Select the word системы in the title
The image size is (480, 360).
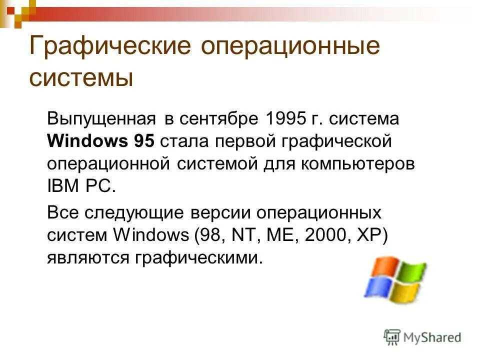tap(81, 78)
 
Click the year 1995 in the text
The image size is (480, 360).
tap(286, 119)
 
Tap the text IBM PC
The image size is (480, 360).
tap(81, 186)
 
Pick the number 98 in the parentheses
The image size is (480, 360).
tap(208, 235)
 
